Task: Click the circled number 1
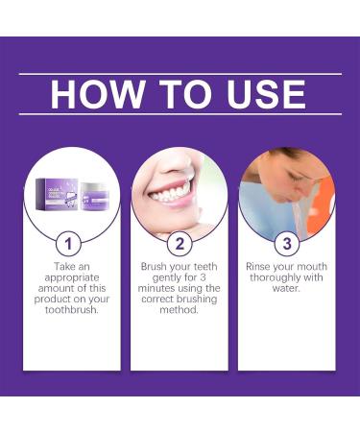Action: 70,242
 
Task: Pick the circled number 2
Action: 179,242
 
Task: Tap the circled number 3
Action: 285,242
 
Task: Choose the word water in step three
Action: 284,288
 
